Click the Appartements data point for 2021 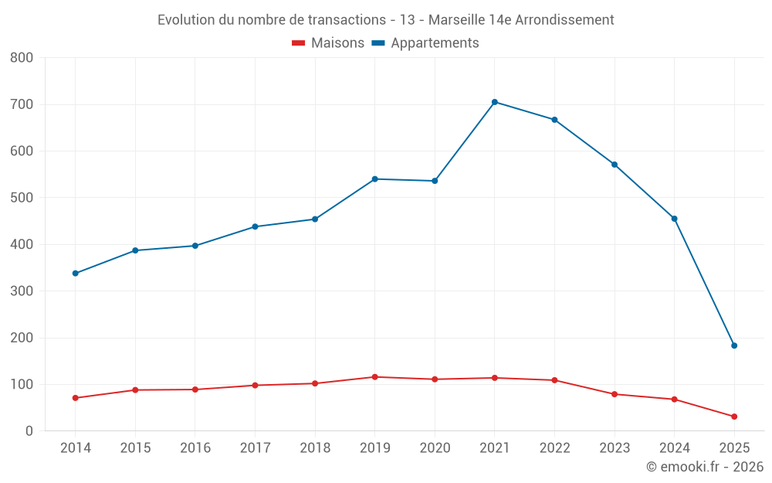click(495, 102)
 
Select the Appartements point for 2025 click(734, 345)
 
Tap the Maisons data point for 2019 click(374, 377)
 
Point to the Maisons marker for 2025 click(734, 417)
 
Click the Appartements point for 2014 click(75, 274)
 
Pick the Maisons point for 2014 click(75, 398)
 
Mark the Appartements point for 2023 click(615, 165)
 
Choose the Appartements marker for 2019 click(374, 179)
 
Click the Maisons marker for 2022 click(554, 380)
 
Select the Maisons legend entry click(328, 43)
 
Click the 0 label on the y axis click(29, 431)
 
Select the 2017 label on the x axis click(255, 448)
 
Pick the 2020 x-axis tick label click(435, 448)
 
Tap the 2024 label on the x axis click(674, 448)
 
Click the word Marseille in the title click(455, 20)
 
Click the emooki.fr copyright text click(705, 467)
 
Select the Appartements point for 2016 click(195, 246)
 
